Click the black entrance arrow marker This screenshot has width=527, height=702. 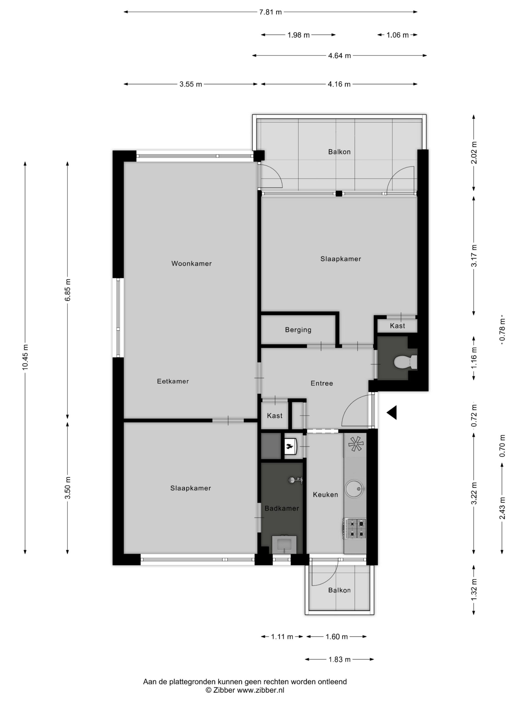click(392, 413)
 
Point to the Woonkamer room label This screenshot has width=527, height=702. click(191, 264)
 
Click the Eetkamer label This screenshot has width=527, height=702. click(173, 381)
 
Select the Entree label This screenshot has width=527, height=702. click(322, 383)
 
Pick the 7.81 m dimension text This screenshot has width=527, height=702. click(270, 12)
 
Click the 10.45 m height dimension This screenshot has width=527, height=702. click(26, 357)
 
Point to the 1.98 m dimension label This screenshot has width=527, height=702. click(298, 35)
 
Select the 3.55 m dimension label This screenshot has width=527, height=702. click(190, 84)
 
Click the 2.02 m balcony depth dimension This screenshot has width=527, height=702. click(474, 152)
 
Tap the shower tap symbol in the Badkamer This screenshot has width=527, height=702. click(295, 480)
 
